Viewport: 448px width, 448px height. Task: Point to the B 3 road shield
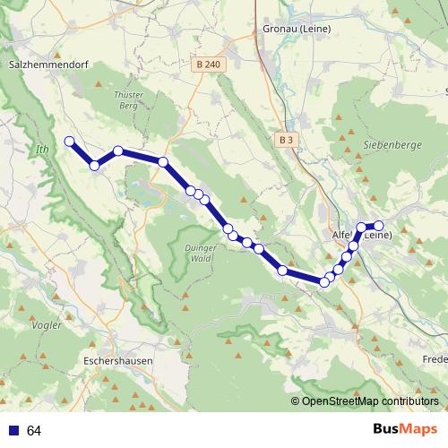[x=286, y=141]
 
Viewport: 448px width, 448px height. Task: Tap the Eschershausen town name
[x=117, y=360]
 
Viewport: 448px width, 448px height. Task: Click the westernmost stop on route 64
[x=69, y=141]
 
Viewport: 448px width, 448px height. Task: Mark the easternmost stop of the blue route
[x=378, y=226]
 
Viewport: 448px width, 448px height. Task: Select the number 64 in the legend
[x=34, y=431]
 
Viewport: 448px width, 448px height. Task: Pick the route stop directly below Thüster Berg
[x=118, y=151]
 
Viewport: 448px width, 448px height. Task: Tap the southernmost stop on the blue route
[x=324, y=282]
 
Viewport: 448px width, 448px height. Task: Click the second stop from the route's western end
[x=94, y=165]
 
